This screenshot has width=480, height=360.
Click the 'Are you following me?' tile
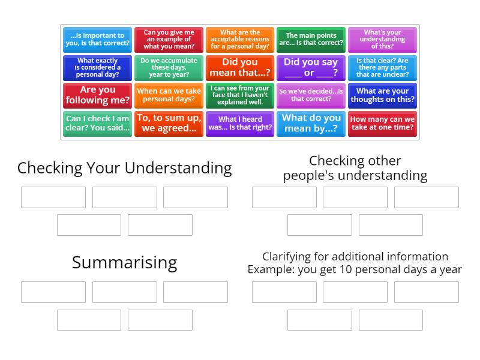coord(97,95)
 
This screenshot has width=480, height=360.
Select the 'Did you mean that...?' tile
coord(240,68)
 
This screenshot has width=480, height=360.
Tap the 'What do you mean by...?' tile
coord(311,124)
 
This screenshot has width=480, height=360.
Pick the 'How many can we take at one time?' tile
coord(382,124)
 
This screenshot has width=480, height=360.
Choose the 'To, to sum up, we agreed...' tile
coord(169,124)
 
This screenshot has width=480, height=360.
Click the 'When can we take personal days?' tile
coord(169,95)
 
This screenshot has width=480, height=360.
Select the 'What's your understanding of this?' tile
coord(382,40)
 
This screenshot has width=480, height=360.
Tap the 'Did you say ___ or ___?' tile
coord(311,68)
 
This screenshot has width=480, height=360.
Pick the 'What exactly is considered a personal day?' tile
coord(97,68)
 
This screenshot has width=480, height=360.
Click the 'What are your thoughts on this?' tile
coord(382,95)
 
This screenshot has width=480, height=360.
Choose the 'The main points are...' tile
coord(311,40)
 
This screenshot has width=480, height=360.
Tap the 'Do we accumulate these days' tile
coord(169,68)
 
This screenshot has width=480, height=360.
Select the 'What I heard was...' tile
coord(240,124)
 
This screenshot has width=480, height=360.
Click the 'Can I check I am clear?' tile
coord(97,124)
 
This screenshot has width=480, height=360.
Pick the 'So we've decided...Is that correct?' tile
coord(311,95)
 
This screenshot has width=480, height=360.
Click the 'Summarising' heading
coord(124,262)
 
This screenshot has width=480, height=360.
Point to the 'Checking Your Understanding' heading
coord(124,168)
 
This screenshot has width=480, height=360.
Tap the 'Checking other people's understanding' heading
coord(355,168)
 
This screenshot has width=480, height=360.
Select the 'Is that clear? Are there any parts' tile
coord(382,68)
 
